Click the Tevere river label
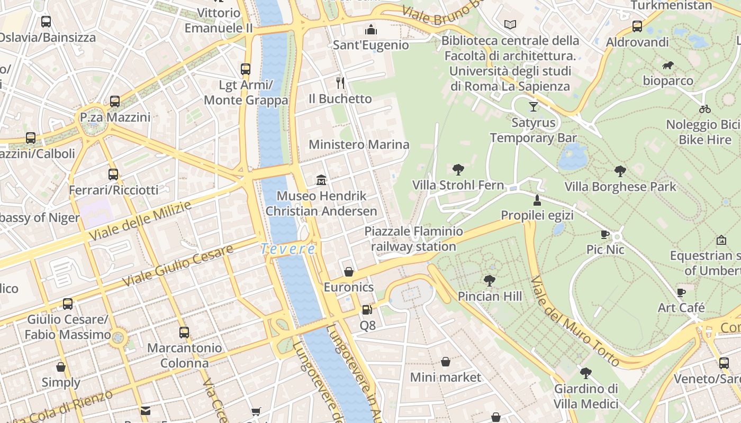pos(288,249)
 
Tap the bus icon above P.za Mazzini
pos(115,102)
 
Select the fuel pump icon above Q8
pos(367,310)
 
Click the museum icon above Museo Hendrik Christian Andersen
pos(321,180)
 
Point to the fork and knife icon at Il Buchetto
pos(340,82)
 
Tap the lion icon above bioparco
pos(668,66)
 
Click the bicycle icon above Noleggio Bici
pos(704,109)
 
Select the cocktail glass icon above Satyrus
pos(533,107)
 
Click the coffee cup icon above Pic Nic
pos(605,234)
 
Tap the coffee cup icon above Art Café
pos(681,292)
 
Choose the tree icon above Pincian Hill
pos(490,281)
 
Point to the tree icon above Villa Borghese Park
pos(620,171)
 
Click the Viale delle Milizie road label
pos(140,221)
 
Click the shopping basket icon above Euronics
pos(349,272)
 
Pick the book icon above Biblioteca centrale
pos(510,24)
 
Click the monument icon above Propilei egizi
pos(537,200)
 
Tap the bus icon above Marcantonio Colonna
pos(184,333)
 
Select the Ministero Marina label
pos(359,144)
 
